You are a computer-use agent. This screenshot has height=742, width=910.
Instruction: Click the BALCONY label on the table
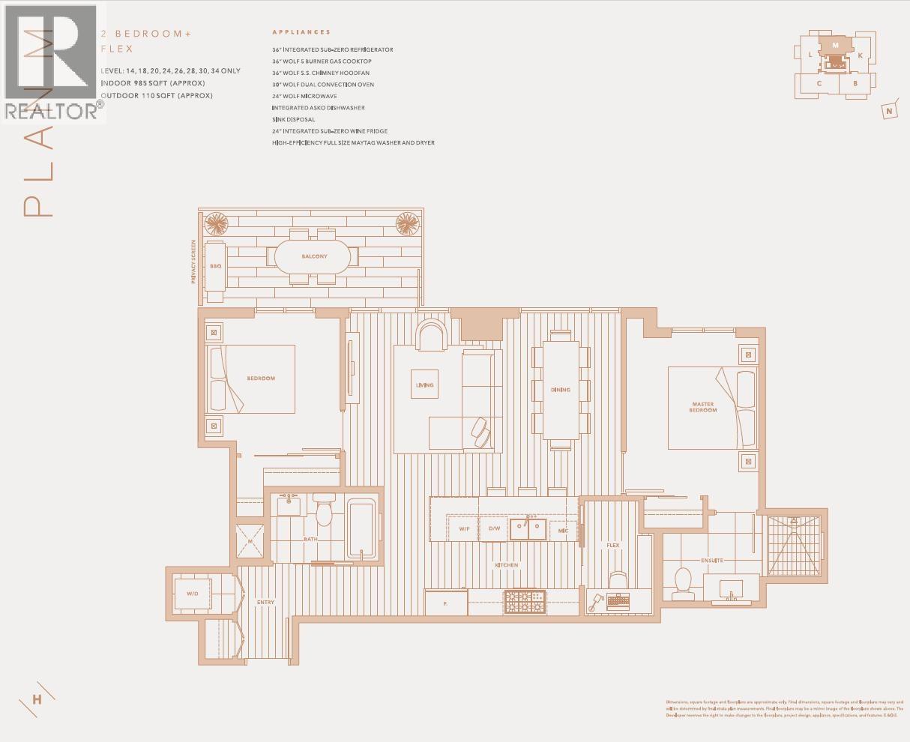(314, 256)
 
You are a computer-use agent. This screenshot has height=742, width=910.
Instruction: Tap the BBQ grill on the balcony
(215, 266)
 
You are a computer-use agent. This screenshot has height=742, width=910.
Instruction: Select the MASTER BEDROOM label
(702, 407)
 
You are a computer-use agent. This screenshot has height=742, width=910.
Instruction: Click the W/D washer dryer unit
(193, 594)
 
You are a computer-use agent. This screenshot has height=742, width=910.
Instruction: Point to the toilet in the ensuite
(682, 582)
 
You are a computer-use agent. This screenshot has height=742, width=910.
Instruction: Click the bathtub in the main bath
(361, 529)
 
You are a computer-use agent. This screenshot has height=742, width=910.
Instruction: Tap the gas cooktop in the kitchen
(525, 601)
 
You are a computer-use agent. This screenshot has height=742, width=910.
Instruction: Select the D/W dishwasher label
(494, 528)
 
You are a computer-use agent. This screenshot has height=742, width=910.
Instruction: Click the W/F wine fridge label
(464, 528)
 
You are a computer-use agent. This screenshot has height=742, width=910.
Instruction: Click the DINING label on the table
(560, 390)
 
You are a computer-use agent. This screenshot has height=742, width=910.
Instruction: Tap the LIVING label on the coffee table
(424, 385)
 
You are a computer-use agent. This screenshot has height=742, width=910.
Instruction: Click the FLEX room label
(612, 545)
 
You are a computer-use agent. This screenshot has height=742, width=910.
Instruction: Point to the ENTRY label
(265, 602)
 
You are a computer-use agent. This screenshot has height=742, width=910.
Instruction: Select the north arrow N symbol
(890, 112)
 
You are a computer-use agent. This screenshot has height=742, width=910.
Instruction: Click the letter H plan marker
(37, 700)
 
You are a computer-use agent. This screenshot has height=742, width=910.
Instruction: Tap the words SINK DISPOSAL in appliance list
(294, 119)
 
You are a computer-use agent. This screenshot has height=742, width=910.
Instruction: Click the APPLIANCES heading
(301, 32)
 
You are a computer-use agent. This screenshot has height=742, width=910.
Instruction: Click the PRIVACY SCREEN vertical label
(193, 262)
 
